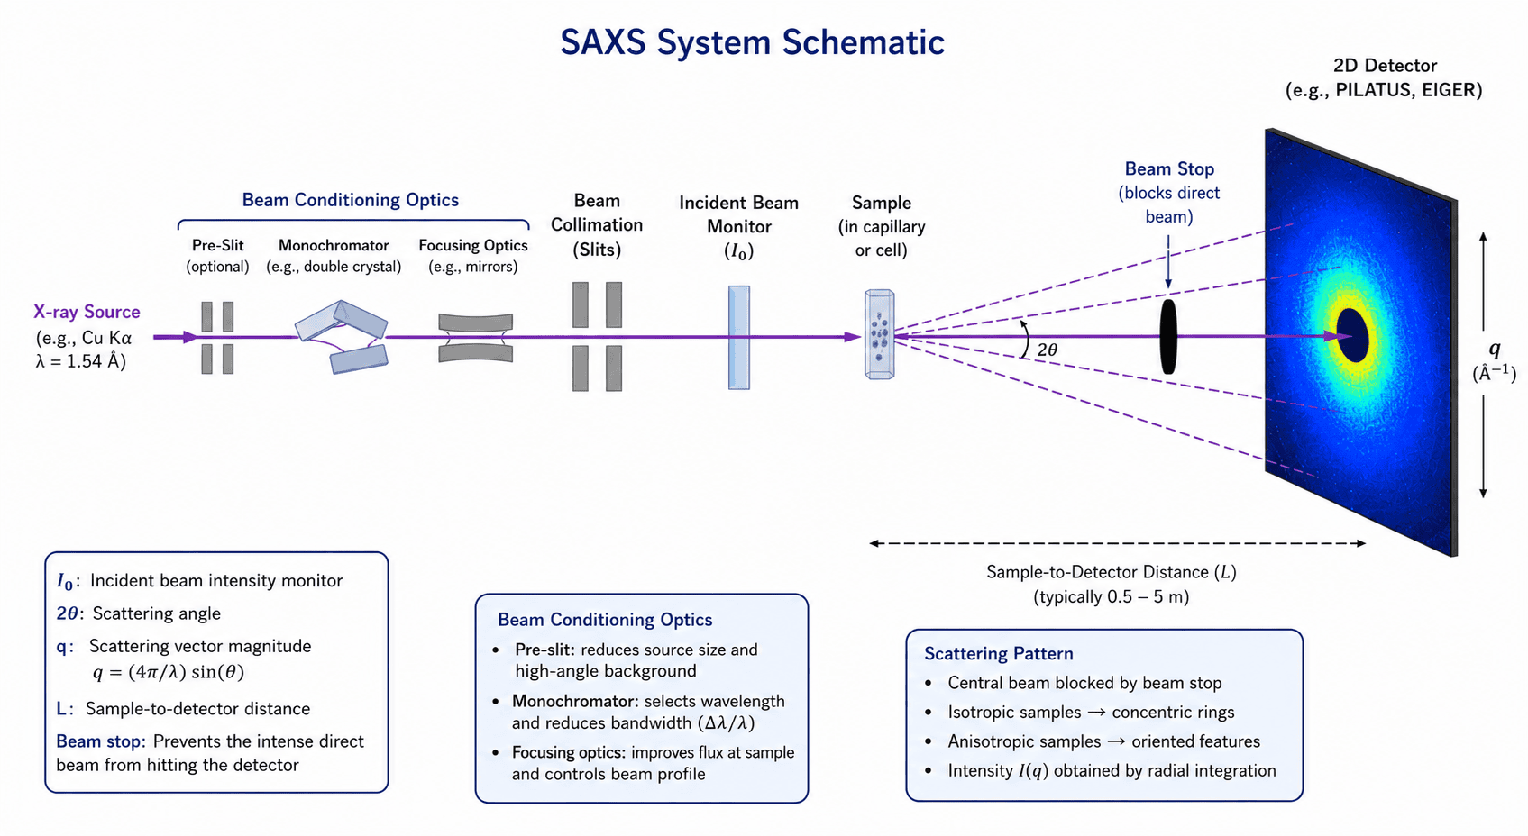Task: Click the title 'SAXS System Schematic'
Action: pos(753,42)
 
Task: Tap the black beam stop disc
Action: pos(1168,336)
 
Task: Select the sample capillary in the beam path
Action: pos(879,334)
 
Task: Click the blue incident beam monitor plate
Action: pos(739,338)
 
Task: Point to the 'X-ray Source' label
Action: pos(87,312)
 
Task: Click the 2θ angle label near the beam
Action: pos(1048,350)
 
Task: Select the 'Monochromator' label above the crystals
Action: pos(334,245)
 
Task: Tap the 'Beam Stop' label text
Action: pos(1169,168)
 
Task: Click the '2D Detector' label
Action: pos(1385,66)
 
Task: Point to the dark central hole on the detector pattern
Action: pos(1353,335)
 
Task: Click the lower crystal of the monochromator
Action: pos(359,359)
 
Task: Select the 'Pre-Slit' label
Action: pos(217,245)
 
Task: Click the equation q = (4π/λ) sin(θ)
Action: pos(169,672)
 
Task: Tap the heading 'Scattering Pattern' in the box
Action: pos(999,653)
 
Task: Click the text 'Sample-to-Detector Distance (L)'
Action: pos(1112,572)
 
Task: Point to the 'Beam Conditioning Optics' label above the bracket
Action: pos(351,200)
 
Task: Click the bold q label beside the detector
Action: pos(1495,350)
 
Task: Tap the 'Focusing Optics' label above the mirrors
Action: pos(473,245)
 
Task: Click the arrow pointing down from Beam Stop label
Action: pos(1168,262)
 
